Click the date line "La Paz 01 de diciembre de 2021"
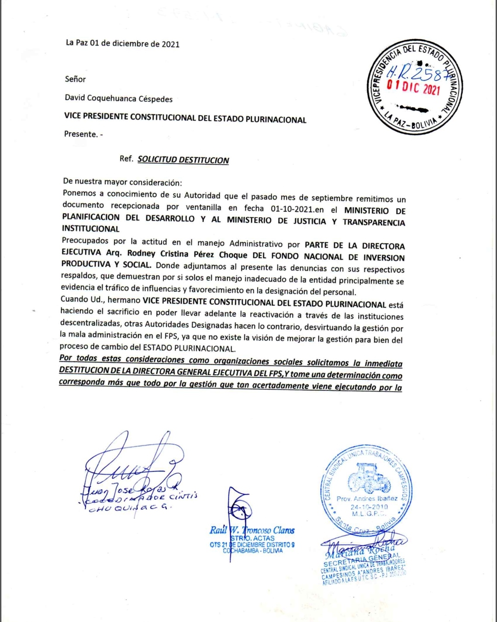pyautogui.click(x=122, y=44)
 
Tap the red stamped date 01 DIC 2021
pyautogui.click(x=413, y=87)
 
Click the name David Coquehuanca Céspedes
pyautogui.click(x=119, y=98)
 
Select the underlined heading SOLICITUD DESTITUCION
pyautogui.click(x=183, y=160)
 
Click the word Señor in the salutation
pyautogui.click(x=75, y=79)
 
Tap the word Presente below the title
pyautogui.click(x=81, y=134)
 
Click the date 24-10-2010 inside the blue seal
pyautogui.click(x=369, y=507)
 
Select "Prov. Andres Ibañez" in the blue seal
pyautogui.click(x=367, y=499)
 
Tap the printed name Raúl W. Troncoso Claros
pyautogui.click(x=252, y=530)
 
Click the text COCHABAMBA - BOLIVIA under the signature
pyautogui.click(x=253, y=551)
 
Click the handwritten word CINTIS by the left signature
pyautogui.click(x=183, y=496)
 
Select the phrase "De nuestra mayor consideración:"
pyautogui.click(x=122, y=182)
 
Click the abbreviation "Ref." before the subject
pyautogui.click(x=126, y=158)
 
